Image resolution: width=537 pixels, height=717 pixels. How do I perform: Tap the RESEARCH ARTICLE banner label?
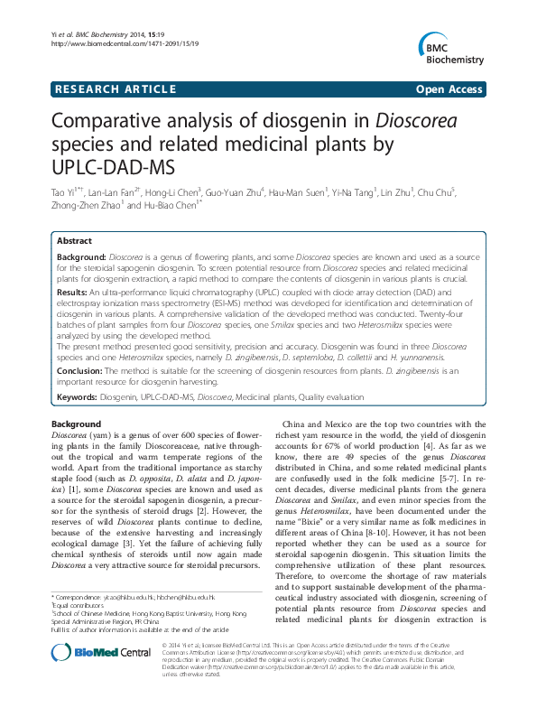click(115, 88)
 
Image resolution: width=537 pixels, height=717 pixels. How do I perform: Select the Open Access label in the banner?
click(449, 88)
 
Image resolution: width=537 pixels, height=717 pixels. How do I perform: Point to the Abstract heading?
click(74, 242)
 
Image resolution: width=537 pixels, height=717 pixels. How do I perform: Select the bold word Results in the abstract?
click(72, 293)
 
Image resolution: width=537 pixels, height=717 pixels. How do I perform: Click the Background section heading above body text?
click(76, 424)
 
